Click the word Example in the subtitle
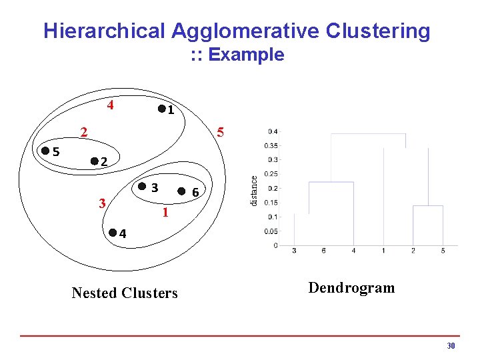click(x=246, y=55)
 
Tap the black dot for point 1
click(x=161, y=109)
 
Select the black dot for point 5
click(x=45, y=151)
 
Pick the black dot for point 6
click(x=181, y=191)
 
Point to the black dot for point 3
click(x=142, y=187)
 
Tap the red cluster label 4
click(x=111, y=105)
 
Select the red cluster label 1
click(x=165, y=214)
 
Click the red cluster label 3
click(x=102, y=202)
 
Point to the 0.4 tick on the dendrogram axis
click(x=273, y=131)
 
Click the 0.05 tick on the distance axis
click(x=271, y=231)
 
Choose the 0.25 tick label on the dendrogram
click(x=271, y=174)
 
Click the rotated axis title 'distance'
click(x=253, y=189)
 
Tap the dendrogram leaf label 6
click(x=323, y=251)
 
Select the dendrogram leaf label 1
click(x=383, y=251)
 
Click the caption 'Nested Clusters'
click(x=125, y=293)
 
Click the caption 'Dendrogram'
click(x=351, y=288)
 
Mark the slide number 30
click(x=451, y=346)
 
